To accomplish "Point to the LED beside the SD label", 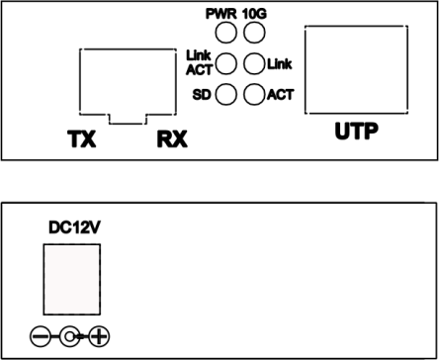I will coord(226,95).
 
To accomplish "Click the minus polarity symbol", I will coord(41,337).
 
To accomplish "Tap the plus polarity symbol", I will coord(100,337).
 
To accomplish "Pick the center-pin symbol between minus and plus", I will coord(70,337).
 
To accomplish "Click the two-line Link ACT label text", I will coord(200,65).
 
